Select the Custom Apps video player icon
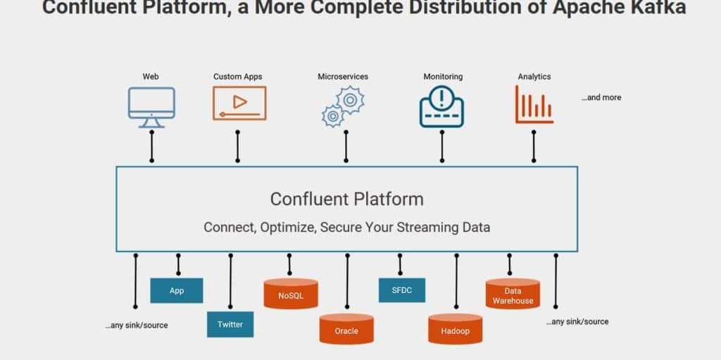(x=239, y=103)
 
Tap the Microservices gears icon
(x=342, y=106)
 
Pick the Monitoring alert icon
(x=441, y=106)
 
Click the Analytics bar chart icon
(x=534, y=104)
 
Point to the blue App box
(x=177, y=290)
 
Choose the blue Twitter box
(x=230, y=324)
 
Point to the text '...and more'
(x=601, y=97)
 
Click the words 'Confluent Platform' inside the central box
(x=347, y=199)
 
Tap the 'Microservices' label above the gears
(x=343, y=76)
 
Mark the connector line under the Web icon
(x=151, y=146)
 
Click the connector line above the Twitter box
(x=230, y=282)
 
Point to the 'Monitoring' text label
(x=443, y=76)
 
